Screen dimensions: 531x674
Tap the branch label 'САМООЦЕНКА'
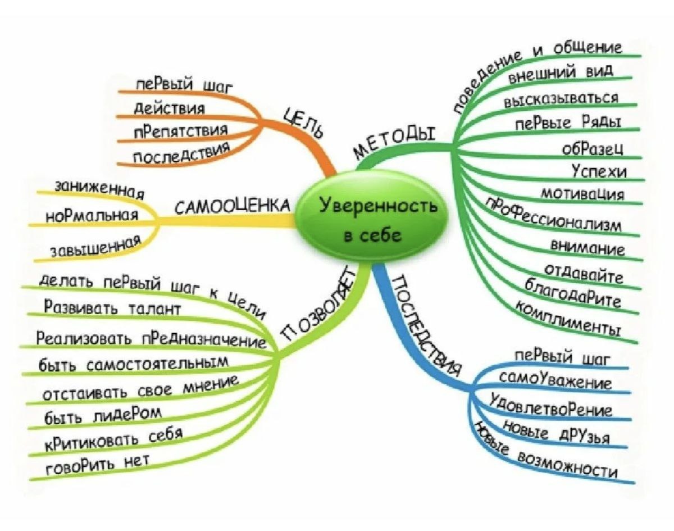(234, 207)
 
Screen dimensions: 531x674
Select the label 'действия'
(168, 107)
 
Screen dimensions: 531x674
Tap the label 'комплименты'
(568, 319)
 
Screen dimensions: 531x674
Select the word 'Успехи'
(599, 171)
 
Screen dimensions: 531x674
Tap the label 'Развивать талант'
(112, 309)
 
